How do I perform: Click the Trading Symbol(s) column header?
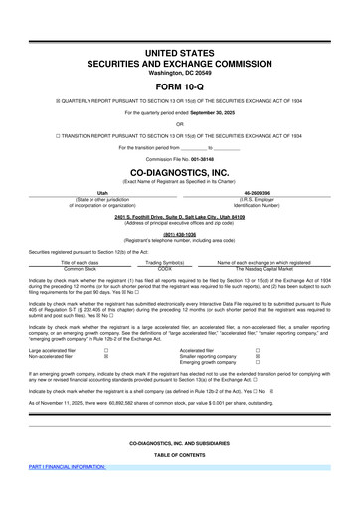165,262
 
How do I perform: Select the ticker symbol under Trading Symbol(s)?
165,268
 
